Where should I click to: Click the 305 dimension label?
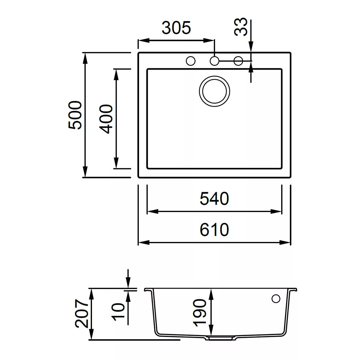point(176,28)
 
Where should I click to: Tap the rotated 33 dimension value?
point(241,27)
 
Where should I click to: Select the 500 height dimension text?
point(75,115)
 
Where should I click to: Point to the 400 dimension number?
point(106,119)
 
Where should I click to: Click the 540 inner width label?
point(214,199)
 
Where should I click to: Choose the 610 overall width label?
point(214,230)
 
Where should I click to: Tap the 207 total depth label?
point(81,313)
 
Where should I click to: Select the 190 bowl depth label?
point(200,313)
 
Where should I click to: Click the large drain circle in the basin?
point(214,91)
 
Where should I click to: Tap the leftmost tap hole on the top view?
point(190,61)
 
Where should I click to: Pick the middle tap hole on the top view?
point(214,61)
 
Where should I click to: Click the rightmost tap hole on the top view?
point(238,61)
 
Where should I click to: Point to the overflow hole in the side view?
point(276,299)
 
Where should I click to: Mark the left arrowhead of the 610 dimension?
point(144,243)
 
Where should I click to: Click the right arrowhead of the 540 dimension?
point(276,211)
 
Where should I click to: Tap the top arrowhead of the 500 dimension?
point(85,58)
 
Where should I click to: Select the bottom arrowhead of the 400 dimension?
point(117,163)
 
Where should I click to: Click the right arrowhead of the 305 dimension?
point(209,41)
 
